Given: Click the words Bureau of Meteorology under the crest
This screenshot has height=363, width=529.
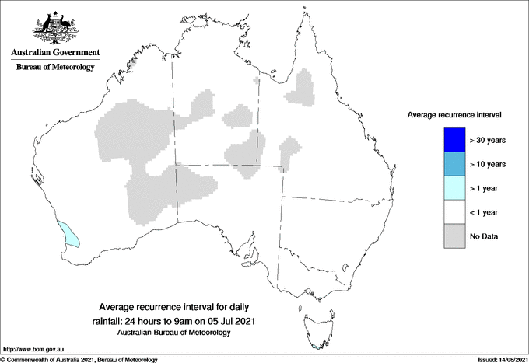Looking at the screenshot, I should pos(55,68).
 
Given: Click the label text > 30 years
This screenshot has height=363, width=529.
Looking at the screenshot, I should pos(489,141).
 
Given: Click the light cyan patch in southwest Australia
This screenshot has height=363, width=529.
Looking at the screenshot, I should pos(70,233).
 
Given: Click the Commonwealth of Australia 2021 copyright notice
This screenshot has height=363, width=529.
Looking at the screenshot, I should pos(80,359).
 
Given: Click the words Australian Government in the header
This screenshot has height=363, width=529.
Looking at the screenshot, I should pos(55,53).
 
